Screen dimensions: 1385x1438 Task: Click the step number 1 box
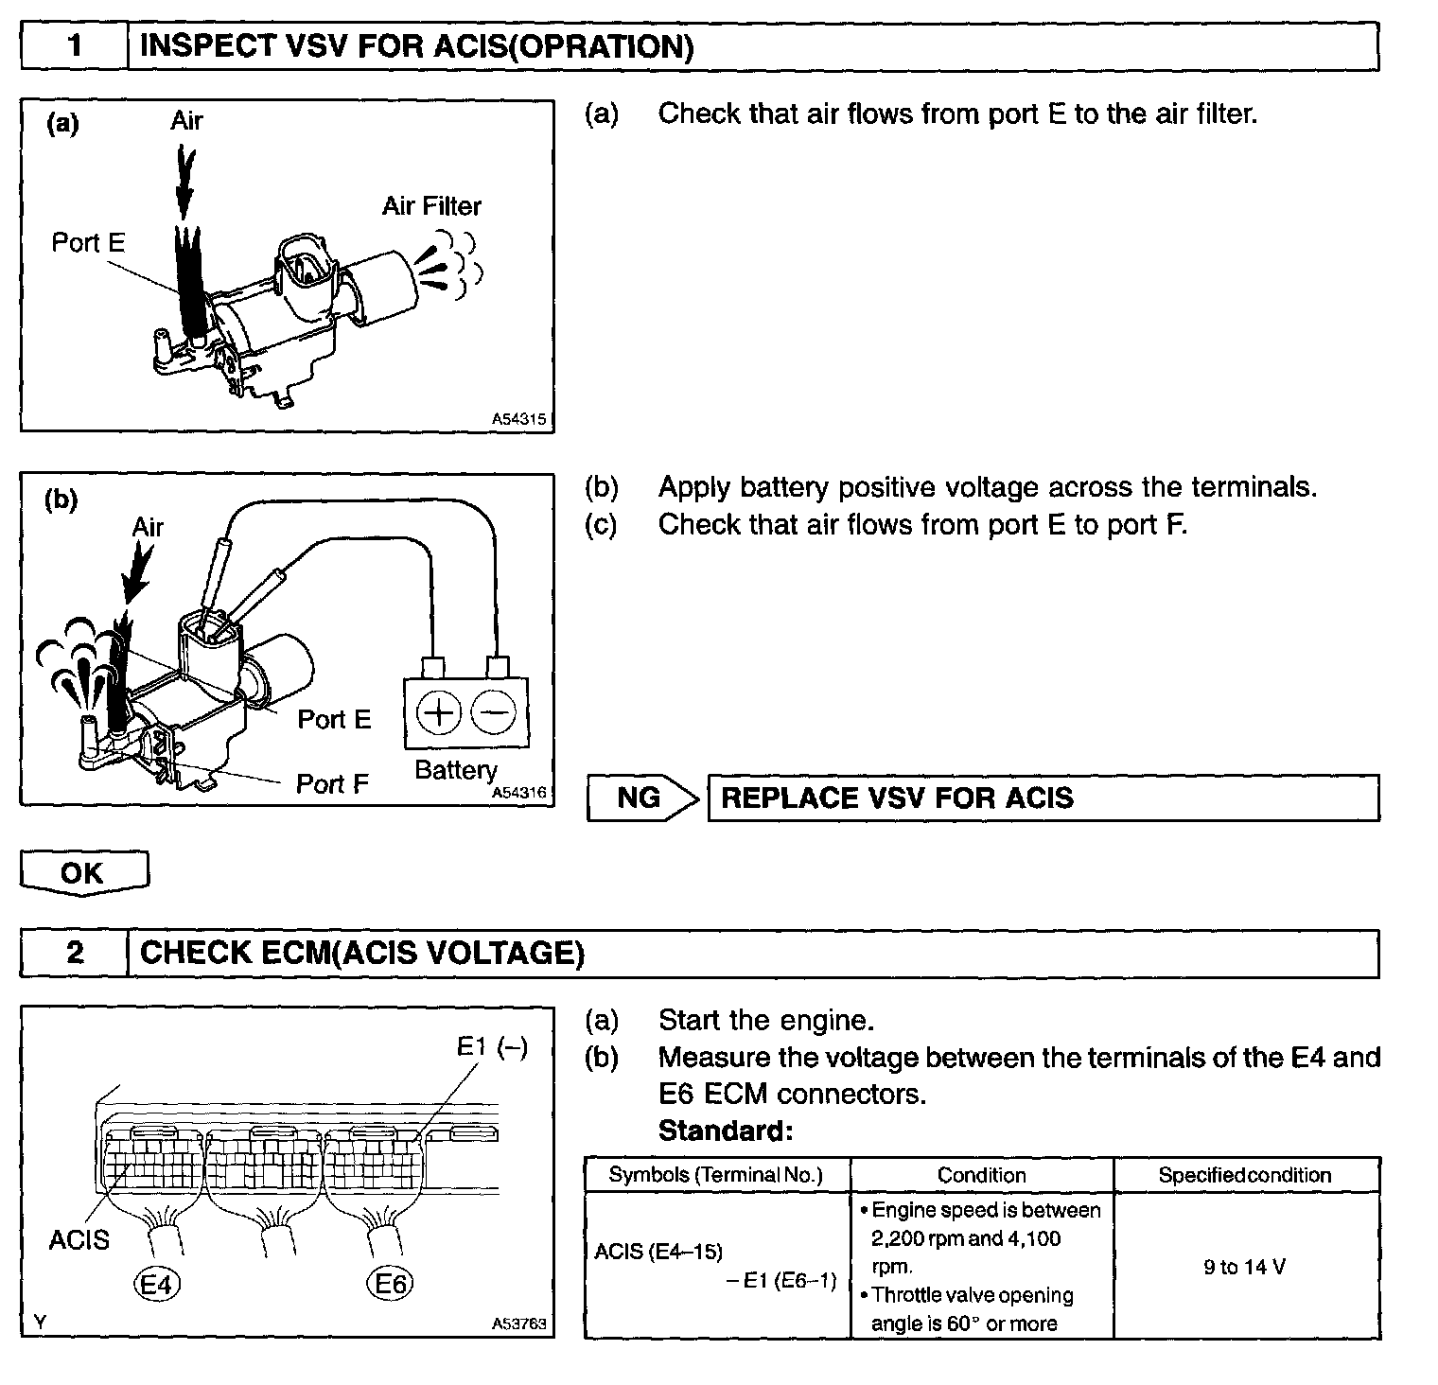click(x=75, y=46)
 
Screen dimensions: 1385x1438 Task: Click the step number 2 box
click(x=75, y=953)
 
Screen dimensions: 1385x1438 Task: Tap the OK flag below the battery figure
click(x=83, y=872)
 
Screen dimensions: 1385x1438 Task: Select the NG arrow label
click(x=640, y=798)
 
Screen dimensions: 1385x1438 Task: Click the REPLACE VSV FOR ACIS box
click(x=1043, y=798)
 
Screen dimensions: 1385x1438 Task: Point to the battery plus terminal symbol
click(x=438, y=712)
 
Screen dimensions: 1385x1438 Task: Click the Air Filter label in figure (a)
click(x=431, y=206)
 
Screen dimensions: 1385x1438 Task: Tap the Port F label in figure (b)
click(x=332, y=783)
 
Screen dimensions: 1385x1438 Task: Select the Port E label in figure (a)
click(x=88, y=243)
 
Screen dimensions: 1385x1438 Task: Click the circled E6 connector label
click(x=390, y=1284)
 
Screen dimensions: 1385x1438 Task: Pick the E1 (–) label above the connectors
click(x=492, y=1046)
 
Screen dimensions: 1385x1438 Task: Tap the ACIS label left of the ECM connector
click(x=79, y=1239)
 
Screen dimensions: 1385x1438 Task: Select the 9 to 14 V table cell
click(x=1245, y=1267)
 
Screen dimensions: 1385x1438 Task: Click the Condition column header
click(x=981, y=1175)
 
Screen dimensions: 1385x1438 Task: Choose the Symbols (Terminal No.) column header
click(x=716, y=1175)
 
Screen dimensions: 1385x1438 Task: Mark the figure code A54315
click(x=518, y=418)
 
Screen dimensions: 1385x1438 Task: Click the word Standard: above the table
click(x=725, y=1131)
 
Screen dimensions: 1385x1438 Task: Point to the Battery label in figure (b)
click(x=456, y=770)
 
